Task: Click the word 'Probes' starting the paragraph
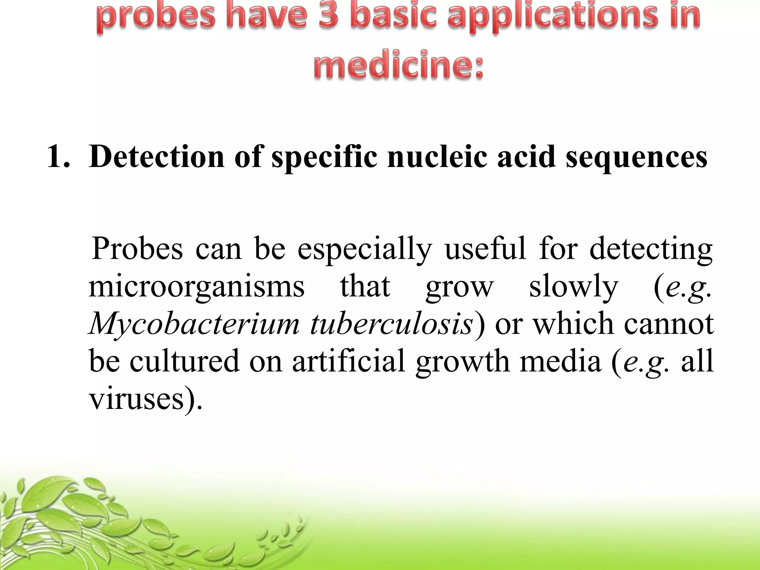pyautogui.click(x=137, y=249)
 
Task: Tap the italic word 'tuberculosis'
pyautogui.click(x=392, y=324)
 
